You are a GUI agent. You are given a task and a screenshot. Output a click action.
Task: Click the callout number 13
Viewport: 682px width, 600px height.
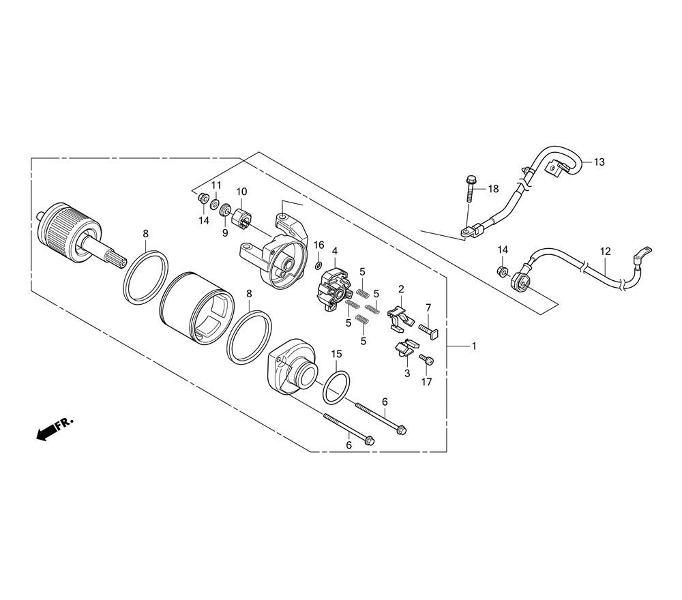599,162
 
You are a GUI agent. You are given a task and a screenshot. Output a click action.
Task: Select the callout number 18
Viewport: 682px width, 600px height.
493,189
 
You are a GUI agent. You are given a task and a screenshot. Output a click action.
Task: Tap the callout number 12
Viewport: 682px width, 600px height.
605,252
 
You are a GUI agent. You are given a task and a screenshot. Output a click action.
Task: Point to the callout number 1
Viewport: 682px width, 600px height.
474,346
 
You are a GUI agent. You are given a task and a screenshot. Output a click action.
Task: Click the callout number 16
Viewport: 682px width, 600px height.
318,245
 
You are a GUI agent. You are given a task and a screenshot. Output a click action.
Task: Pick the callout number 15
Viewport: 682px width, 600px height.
337,354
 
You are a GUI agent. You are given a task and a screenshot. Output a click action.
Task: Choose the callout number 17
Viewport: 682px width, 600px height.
427,382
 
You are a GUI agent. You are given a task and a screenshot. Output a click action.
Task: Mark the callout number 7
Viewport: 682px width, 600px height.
428,307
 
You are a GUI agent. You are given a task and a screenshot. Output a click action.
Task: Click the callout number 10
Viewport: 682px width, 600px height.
241,192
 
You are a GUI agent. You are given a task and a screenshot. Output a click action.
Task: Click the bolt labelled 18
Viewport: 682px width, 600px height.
470,189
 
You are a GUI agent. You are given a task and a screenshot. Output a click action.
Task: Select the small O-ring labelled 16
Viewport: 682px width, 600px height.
318,266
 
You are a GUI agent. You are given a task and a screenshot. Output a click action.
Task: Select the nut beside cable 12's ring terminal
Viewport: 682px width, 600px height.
502,272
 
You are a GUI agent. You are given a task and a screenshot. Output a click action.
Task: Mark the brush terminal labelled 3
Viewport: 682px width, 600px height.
406,348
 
